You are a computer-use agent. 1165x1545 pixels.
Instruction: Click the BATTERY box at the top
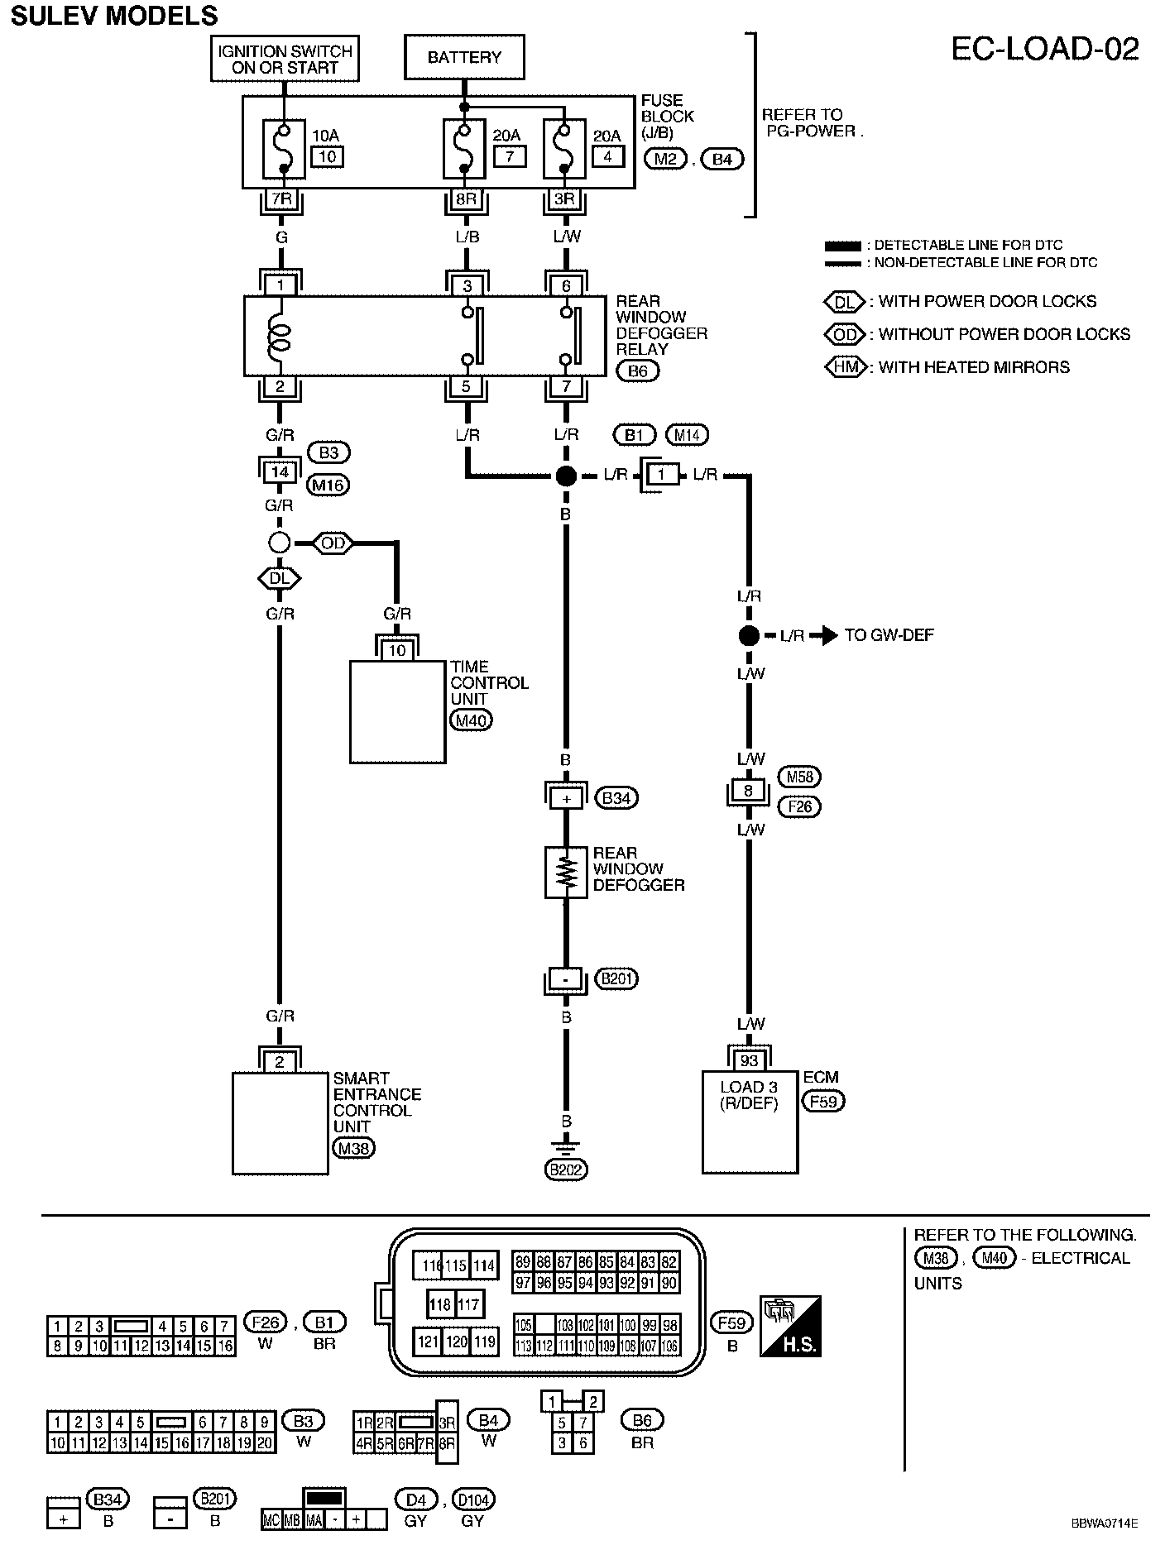pos(464,57)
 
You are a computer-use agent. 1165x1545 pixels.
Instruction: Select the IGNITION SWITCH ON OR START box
pos(285,58)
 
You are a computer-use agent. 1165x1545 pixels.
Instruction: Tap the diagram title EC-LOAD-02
pos(1044,49)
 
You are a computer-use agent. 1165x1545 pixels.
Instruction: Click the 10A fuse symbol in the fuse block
pos(283,149)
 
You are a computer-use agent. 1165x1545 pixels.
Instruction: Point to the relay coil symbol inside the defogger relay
pos(279,335)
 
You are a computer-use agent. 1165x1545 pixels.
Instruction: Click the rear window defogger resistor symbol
pos(566,872)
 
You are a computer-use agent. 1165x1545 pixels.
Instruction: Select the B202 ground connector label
pos(566,1170)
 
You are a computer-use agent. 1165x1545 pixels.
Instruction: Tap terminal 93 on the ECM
pos(749,1061)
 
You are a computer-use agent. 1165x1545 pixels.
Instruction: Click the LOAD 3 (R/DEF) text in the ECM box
pos(749,1095)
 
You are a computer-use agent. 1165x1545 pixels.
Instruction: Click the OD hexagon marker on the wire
pos(333,543)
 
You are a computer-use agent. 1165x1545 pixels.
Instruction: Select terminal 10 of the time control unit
pos(397,651)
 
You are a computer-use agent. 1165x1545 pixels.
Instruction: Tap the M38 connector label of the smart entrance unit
pos(353,1148)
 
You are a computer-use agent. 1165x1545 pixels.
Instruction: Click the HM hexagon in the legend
pos(846,367)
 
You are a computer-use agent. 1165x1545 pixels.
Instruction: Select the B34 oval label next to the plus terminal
pos(616,798)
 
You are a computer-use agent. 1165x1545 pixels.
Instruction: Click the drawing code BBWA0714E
pos(1104,1523)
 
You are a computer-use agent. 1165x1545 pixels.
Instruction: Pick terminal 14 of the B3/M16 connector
pos(280,472)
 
